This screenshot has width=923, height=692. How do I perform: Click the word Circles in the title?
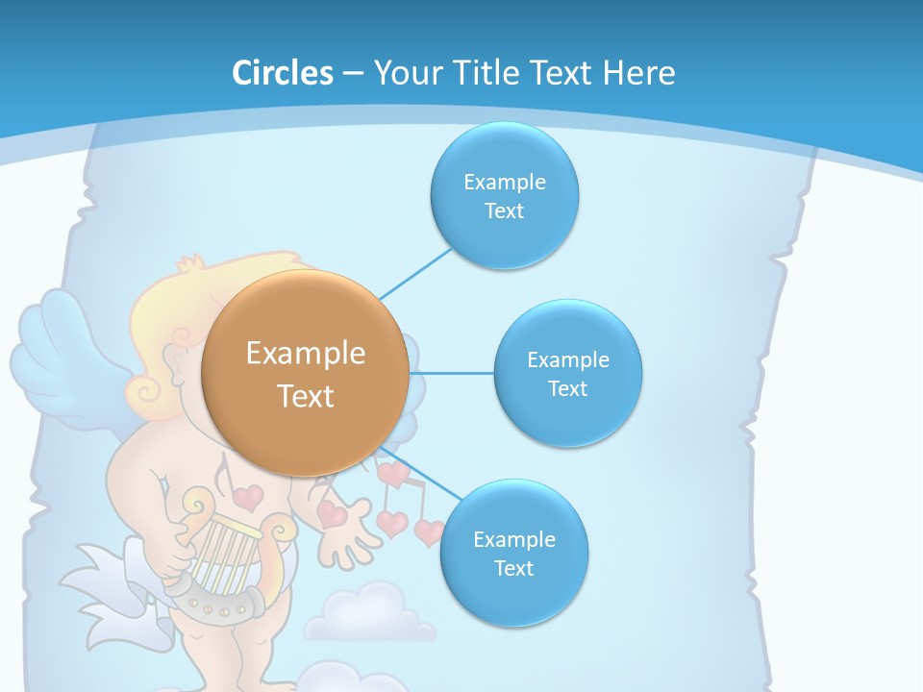[282, 73]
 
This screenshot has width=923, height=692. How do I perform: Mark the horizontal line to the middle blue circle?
[452, 373]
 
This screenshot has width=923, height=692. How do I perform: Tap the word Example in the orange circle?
[306, 354]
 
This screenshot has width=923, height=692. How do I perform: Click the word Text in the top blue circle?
[504, 211]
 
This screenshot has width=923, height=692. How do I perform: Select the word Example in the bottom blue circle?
[513, 539]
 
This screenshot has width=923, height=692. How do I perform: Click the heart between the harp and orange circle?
[248, 497]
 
